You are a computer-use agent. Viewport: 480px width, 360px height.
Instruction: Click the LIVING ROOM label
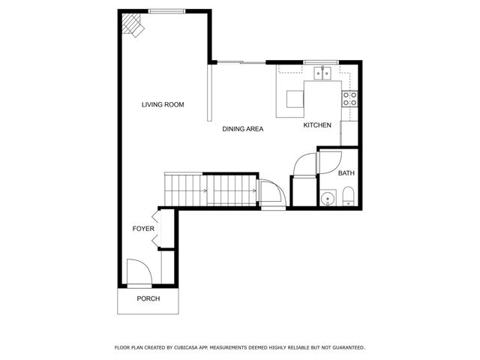click(x=163, y=104)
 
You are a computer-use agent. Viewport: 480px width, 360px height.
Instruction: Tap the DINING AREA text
click(x=242, y=129)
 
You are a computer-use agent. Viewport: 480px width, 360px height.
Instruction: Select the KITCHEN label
click(x=317, y=125)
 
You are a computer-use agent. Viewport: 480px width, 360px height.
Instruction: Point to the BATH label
click(x=346, y=173)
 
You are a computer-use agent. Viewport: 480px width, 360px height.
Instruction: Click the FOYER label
click(x=142, y=229)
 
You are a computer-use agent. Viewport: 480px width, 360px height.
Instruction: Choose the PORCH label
click(x=148, y=298)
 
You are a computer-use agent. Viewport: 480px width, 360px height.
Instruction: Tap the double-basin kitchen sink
click(x=323, y=73)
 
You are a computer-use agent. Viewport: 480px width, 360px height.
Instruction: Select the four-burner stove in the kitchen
click(x=349, y=98)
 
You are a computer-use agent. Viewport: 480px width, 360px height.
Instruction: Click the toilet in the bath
click(x=348, y=197)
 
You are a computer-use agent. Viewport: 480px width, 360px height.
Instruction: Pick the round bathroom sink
click(x=326, y=199)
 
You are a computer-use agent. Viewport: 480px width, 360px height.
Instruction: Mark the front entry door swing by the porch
click(x=139, y=271)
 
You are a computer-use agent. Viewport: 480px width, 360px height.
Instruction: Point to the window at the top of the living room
click(x=163, y=10)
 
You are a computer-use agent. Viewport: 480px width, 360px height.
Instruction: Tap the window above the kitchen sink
click(x=323, y=61)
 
